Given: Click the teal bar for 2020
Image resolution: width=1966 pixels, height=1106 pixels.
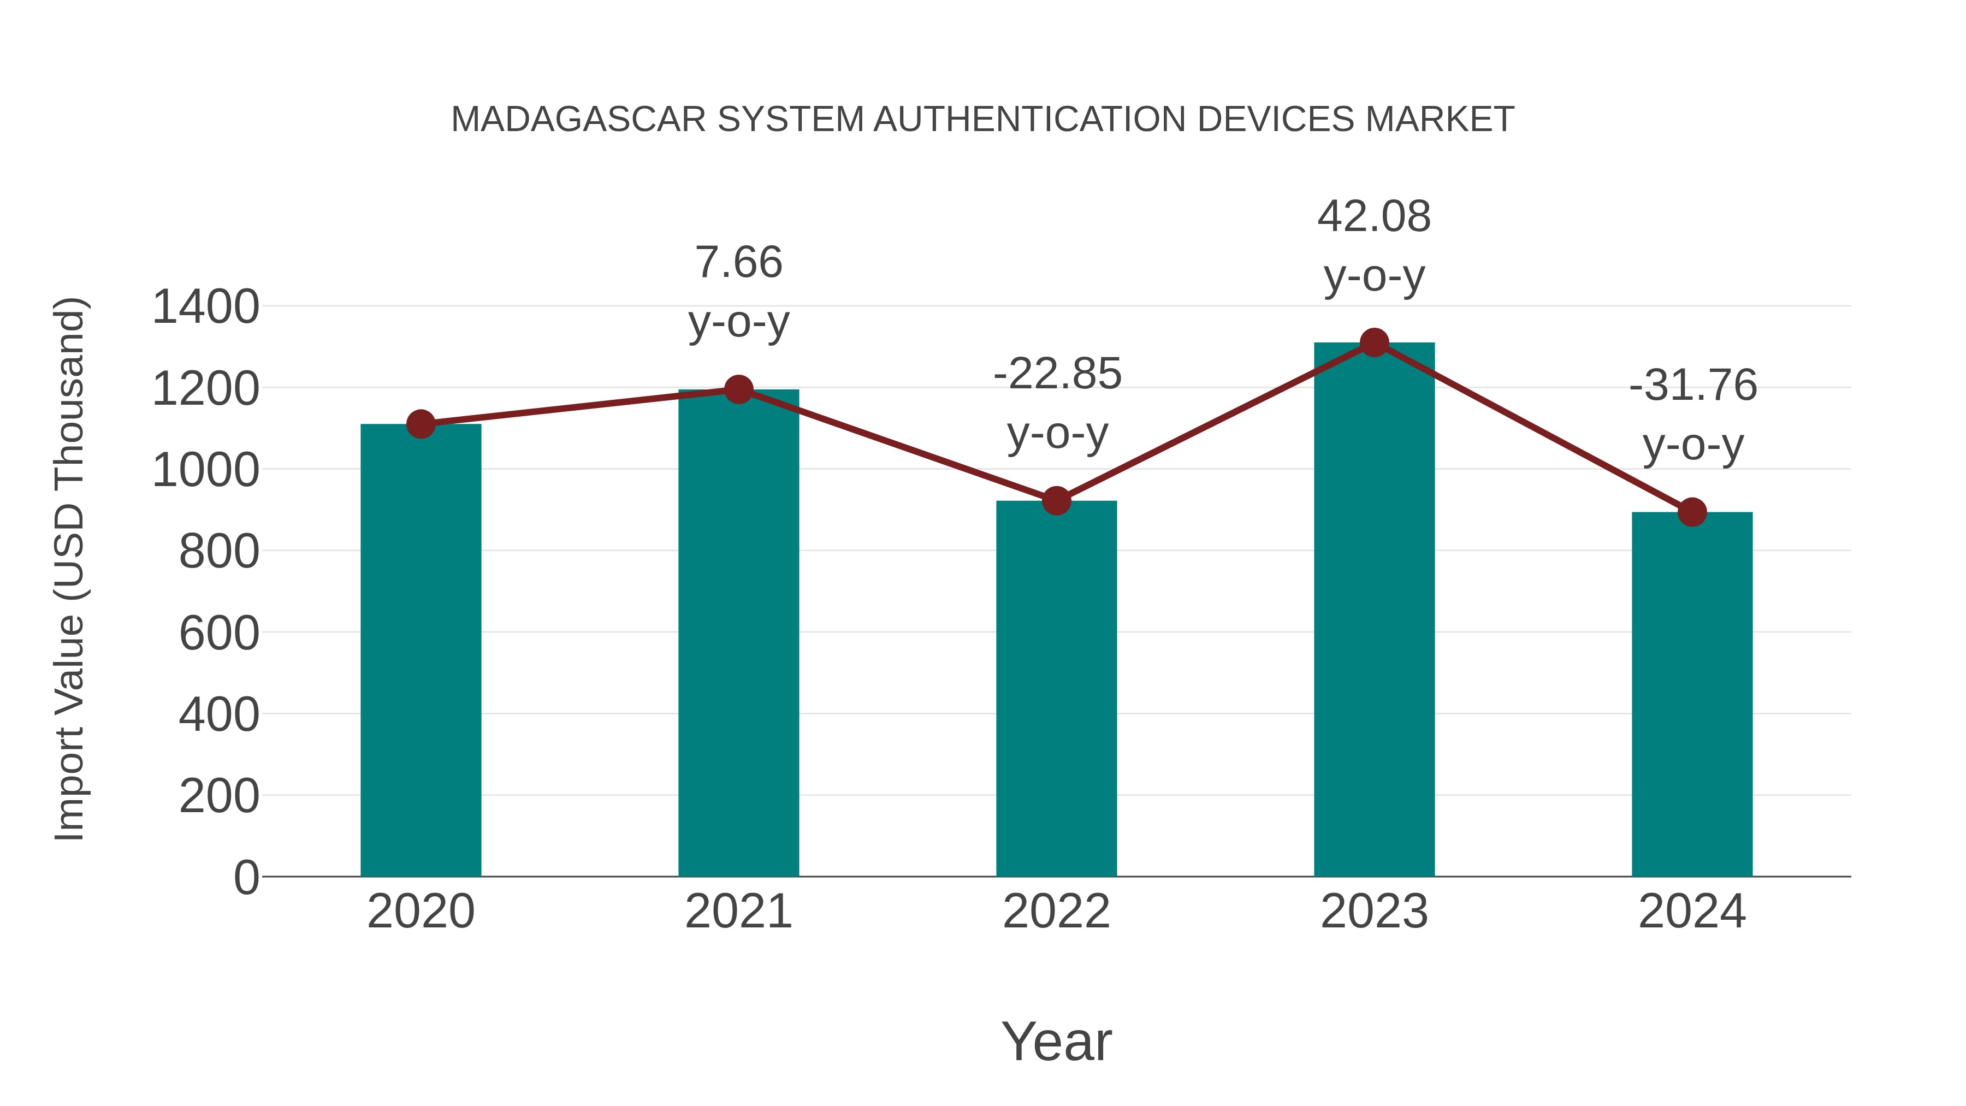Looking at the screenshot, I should coord(421,649).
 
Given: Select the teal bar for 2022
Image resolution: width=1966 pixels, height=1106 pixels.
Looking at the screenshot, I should coord(1056,687).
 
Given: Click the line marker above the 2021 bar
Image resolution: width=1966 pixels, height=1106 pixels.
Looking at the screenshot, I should coord(738,389).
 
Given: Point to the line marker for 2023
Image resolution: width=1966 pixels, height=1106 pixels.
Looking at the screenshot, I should coord(1374,342).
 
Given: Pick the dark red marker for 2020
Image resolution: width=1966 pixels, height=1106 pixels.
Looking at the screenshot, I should coord(421,424).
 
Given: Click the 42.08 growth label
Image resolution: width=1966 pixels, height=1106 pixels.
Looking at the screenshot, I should coord(1374,217).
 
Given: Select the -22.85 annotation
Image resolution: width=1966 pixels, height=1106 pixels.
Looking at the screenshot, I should coord(1057,375).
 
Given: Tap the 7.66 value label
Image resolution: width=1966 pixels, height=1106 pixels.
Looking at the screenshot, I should coord(738,263).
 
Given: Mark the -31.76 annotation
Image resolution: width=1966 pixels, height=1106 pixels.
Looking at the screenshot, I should coord(1693,386).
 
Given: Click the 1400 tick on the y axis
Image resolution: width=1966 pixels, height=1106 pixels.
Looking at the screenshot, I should coord(205,307).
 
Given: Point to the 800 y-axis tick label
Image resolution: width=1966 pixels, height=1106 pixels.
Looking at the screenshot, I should coord(219,552).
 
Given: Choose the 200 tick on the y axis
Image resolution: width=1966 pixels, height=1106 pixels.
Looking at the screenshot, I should coord(219,796).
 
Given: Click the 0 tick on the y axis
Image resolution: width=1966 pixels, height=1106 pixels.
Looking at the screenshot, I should coord(246,878).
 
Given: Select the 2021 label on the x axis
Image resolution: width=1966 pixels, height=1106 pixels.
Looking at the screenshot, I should coord(738,912).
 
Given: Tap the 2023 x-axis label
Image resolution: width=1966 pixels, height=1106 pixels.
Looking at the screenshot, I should coord(1374,912).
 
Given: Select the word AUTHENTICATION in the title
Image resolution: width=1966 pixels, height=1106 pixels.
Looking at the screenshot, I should coord(1031,120).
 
